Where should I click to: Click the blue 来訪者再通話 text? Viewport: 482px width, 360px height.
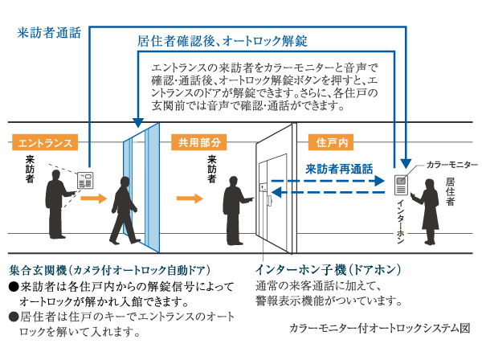point(339,169)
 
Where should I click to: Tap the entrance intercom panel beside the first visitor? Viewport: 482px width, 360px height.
point(84,181)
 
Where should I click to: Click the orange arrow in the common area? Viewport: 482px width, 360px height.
point(190,197)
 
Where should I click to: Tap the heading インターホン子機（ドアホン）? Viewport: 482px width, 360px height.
point(329,269)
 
